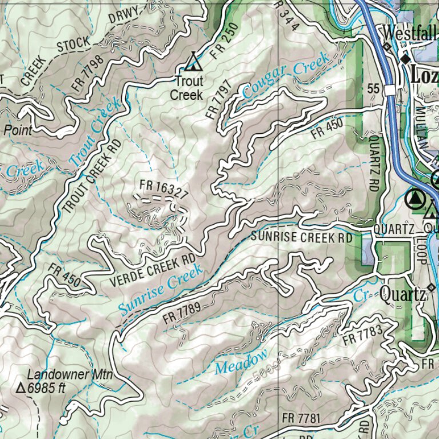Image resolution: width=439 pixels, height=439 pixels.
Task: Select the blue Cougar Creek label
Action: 285,74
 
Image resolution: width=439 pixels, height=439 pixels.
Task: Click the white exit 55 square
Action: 390,90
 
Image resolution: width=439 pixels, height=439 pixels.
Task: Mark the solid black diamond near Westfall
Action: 405,59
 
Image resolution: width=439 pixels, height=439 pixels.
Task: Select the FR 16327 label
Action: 163,190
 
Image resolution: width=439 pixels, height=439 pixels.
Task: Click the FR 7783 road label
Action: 362,334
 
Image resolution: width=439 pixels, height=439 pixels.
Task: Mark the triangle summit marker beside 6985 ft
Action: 21,389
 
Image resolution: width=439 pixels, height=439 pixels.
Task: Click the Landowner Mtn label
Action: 69,375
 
